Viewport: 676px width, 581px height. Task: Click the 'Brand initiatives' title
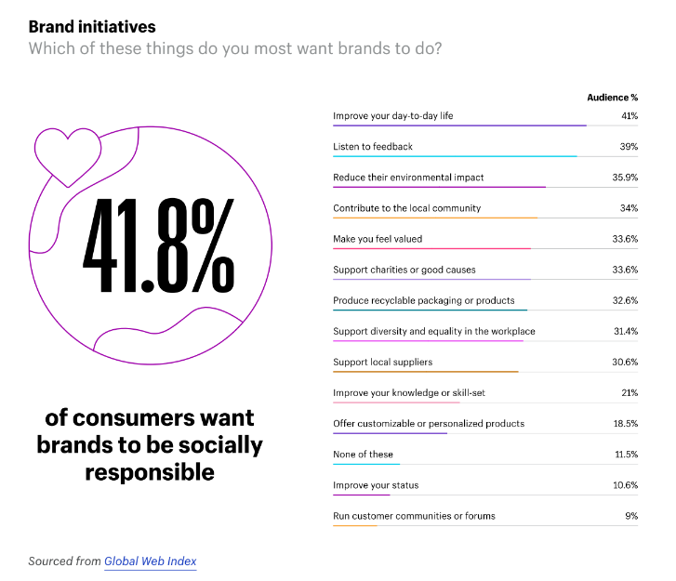[x=92, y=26]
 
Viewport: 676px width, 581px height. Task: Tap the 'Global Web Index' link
[x=150, y=561]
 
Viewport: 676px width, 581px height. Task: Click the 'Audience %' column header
[x=612, y=97]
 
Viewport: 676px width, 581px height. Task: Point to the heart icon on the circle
[x=66, y=149]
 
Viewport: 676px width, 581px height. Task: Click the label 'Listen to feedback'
[x=373, y=147]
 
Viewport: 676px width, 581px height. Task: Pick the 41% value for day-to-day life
[x=629, y=116]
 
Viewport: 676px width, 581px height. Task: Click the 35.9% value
[x=625, y=178]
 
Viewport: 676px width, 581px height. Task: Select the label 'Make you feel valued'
[x=378, y=239]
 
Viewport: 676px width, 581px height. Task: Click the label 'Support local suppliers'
[x=383, y=362]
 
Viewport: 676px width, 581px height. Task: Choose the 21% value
[x=629, y=392]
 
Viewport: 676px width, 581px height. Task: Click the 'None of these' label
[x=363, y=454]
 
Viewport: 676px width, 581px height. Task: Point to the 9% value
[x=631, y=516]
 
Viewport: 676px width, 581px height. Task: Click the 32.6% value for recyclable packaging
[x=625, y=300]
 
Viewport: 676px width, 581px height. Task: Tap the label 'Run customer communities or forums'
[x=414, y=516]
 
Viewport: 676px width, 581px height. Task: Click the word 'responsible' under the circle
[x=150, y=472]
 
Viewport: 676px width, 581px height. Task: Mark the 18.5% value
[x=625, y=423]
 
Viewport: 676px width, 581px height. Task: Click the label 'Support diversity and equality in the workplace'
[x=434, y=331]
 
